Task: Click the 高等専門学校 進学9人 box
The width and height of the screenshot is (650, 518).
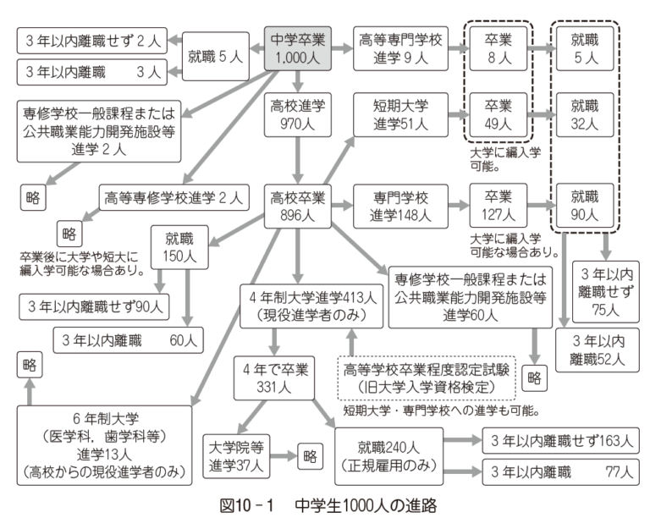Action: pyautogui.click(x=390, y=47)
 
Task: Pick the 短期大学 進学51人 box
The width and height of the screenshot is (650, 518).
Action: pyautogui.click(x=390, y=116)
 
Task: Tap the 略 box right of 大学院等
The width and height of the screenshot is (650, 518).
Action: pyautogui.click(x=309, y=455)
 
